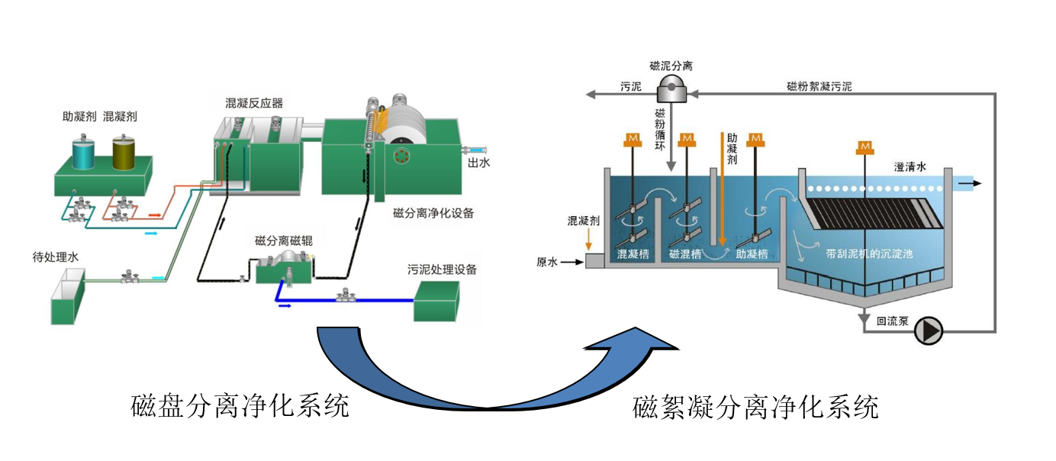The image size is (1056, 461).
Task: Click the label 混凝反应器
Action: coord(254,103)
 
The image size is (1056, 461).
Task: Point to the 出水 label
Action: coord(478,162)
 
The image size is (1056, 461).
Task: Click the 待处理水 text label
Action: coord(50,257)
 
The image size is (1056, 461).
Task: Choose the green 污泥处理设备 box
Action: coord(436,301)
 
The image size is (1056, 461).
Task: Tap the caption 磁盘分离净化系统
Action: coord(240,405)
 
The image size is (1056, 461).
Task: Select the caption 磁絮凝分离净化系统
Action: coord(755,407)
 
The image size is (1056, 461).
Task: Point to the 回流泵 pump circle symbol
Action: coord(929,330)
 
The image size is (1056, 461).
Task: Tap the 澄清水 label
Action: coord(910,167)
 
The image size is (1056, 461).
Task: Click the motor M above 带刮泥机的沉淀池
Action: coord(864,147)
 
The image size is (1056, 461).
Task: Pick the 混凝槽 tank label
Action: coord(633,254)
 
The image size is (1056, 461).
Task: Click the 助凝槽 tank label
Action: coord(752,254)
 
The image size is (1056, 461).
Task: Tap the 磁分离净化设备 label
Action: coord(433,213)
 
